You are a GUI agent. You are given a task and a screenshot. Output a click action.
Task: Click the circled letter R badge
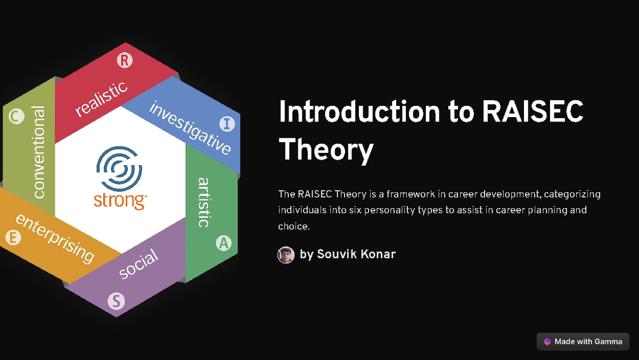click(124, 61)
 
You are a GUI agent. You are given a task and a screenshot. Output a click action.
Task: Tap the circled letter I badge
click(227, 124)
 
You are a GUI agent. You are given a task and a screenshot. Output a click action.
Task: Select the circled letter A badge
click(224, 243)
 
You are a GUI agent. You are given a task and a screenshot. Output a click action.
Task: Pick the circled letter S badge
click(116, 301)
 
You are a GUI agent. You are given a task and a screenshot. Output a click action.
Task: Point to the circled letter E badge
click(12, 237)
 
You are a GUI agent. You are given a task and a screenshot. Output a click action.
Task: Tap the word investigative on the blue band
click(190, 127)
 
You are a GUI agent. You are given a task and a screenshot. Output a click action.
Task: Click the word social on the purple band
click(138, 264)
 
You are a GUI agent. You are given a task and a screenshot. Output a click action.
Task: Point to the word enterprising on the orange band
click(55, 238)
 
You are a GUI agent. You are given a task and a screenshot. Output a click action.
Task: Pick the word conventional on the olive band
click(39, 152)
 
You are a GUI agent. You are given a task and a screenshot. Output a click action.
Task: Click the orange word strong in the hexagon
click(120, 200)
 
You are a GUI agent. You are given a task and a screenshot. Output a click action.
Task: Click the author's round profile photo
click(286, 255)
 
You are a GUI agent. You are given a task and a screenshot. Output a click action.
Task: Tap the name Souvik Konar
click(356, 254)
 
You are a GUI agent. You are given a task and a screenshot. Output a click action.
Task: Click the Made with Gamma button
click(583, 341)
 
